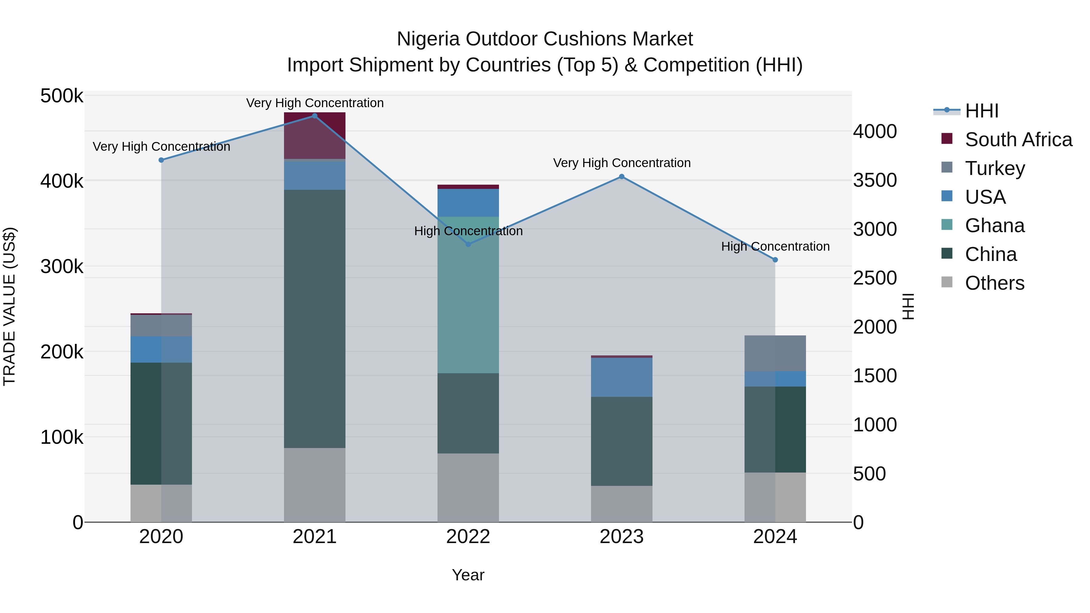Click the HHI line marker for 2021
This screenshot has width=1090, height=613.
[314, 116]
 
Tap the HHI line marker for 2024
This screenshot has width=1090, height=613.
[775, 260]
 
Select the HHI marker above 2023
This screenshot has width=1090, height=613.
[621, 177]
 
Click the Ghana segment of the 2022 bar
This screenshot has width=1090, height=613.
[468, 295]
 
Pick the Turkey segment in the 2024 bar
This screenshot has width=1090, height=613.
[775, 353]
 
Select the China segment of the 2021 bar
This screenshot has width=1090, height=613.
[314, 318]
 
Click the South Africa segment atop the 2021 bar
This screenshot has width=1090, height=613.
[314, 135]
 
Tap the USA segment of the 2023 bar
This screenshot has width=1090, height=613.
[621, 377]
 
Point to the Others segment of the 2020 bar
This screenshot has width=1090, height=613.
[161, 503]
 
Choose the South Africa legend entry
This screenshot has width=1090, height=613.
[1018, 140]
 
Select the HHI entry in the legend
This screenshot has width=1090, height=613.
[982, 111]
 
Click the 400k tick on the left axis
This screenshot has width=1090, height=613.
[62, 181]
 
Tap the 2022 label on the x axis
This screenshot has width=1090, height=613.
[468, 537]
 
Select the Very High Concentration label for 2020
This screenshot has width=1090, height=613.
[161, 147]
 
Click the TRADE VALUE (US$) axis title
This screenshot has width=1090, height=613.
[9, 306]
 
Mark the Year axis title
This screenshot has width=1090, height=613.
[468, 575]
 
